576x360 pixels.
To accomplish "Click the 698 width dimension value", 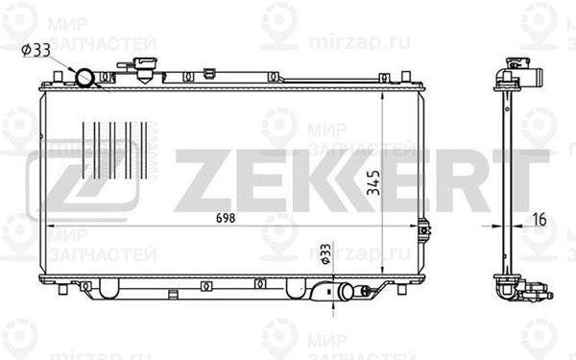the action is tap(226, 218).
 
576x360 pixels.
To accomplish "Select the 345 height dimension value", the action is tap(374, 182).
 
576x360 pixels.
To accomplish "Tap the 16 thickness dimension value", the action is tap(540, 219).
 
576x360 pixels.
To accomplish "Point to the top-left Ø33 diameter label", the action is tap(36, 50).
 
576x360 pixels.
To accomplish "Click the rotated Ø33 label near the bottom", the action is tap(325, 253).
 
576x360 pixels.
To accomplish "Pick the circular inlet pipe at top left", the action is tap(84, 78).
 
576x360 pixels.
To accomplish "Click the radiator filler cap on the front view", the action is tap(146, 69).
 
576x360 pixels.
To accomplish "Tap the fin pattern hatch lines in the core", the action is tap(115, 151).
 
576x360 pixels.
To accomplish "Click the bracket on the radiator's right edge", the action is tap(424, 230).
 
